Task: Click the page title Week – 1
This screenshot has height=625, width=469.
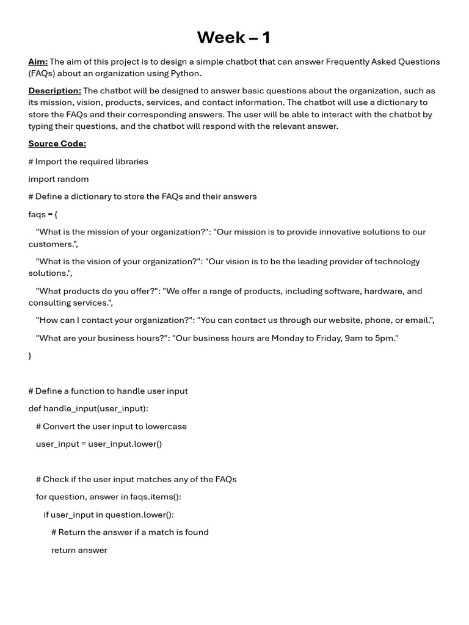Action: [233, 38]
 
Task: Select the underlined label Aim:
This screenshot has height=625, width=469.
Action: [38, 62]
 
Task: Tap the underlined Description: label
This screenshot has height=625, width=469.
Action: [54, 91]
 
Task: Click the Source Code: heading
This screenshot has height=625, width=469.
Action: [57, 144]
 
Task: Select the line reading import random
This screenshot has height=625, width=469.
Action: [59, 179]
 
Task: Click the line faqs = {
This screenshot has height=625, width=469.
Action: [43, 215]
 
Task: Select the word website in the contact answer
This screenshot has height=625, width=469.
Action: [333, 320]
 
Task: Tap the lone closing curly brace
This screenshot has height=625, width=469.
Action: [30, 355]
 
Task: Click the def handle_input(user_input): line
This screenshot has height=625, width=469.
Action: [88, 409]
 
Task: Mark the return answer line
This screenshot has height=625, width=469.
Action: [79, 551]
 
